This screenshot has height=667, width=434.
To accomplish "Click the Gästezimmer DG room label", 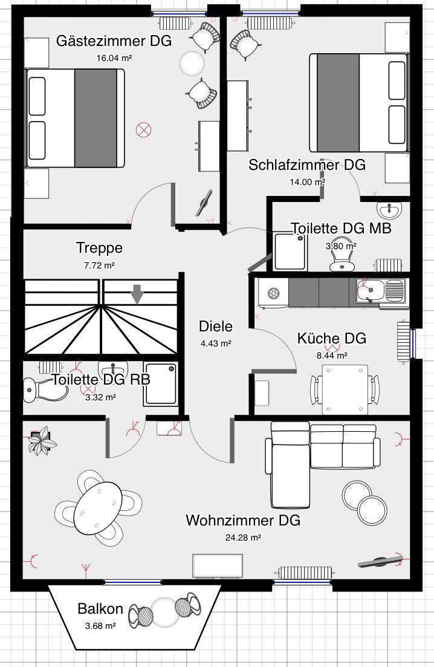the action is click(114, 41).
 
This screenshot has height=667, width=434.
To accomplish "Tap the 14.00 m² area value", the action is click(307, 182).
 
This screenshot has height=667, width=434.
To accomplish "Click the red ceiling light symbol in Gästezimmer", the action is click(144, 130).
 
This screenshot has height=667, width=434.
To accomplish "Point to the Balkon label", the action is click(100, 609).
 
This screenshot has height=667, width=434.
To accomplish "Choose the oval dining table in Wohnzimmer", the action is click(98, 508).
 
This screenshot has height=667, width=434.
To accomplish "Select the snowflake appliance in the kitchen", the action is click(273, 293).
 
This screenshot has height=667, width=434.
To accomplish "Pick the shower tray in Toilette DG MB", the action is click(290, 251).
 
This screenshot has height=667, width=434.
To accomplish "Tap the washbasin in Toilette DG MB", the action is click(389, 210).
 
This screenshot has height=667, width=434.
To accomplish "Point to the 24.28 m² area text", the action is click(243, 538).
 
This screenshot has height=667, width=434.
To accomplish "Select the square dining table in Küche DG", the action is click(345, 389).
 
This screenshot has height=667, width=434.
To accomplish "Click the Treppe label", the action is click(100, 248).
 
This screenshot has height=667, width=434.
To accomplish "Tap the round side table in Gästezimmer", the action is click(192, 63).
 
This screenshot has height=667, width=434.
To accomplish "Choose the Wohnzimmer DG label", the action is click(243, 520).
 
